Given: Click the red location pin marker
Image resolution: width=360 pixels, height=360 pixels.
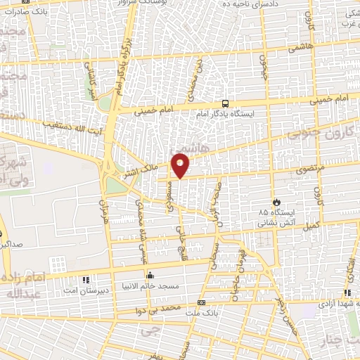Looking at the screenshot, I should click(x=181, y=165).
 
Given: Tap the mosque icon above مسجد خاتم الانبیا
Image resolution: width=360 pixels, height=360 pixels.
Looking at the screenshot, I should click(x=149, y=276).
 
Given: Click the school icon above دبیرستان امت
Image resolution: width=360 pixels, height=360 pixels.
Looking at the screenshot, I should click(x=86, y=279).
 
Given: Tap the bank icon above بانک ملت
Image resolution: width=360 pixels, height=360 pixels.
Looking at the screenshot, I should click(x=202, y=303).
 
